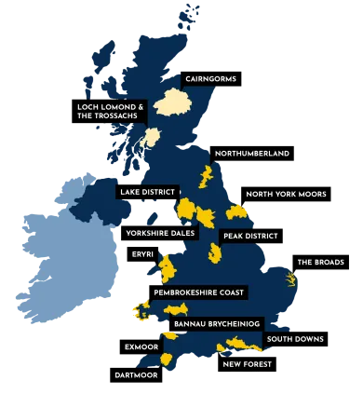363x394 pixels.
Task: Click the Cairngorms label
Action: click(x=209, y=79)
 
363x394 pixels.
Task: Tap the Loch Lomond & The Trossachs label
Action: click(x=111, y=112)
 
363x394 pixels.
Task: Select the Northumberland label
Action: click(x=251, y=153)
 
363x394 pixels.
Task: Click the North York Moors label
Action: click(x=286, y=195)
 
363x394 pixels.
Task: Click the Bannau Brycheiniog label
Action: click(x=214, y=324)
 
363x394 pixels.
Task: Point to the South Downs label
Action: click(x=295, y=339)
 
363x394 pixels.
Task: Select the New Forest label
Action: click(x=248, y=364)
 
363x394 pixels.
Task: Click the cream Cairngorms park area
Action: click(x=173, y=102)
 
